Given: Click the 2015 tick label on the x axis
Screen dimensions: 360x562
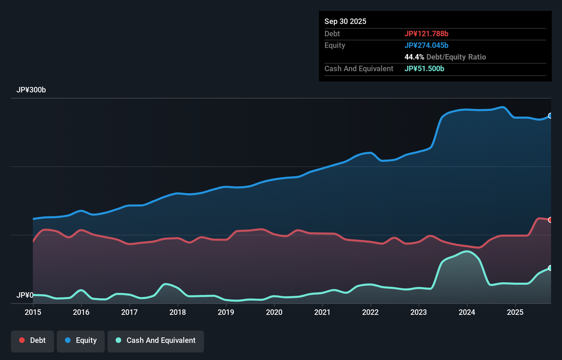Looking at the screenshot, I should click(33, 312).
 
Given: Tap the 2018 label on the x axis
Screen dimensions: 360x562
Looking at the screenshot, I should click(178, 312).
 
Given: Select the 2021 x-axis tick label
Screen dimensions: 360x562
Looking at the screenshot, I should click(322, 312).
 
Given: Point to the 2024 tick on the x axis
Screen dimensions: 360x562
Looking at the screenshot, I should click(467, 312).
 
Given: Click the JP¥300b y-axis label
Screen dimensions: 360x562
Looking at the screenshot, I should click(31, 90).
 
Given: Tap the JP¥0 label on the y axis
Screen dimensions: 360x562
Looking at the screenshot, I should click(25, 295).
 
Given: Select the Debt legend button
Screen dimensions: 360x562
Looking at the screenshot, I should click(33, 340).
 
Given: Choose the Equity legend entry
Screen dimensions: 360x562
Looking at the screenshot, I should click(81, 340).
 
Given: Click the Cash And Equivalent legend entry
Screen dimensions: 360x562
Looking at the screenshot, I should click(156, 340).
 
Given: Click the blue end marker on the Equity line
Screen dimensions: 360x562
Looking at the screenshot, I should click(550, 116).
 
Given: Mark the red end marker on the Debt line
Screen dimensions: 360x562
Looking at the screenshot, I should click(550, 220).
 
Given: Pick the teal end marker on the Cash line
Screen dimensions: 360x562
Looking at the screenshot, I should click(550, 268).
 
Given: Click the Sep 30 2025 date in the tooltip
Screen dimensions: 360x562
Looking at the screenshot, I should click(345, 21).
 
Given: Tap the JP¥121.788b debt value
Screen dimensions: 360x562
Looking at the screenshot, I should click(426, 34).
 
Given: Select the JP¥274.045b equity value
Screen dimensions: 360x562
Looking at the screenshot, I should click(426, 45).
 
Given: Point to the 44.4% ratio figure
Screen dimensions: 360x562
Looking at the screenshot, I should click(414, 57).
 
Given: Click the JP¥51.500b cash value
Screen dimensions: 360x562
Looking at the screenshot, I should click(424, 68).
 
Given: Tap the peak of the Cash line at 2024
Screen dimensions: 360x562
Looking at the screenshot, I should click(467, 252).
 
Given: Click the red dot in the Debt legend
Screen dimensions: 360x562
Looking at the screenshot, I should click(22, 340).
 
